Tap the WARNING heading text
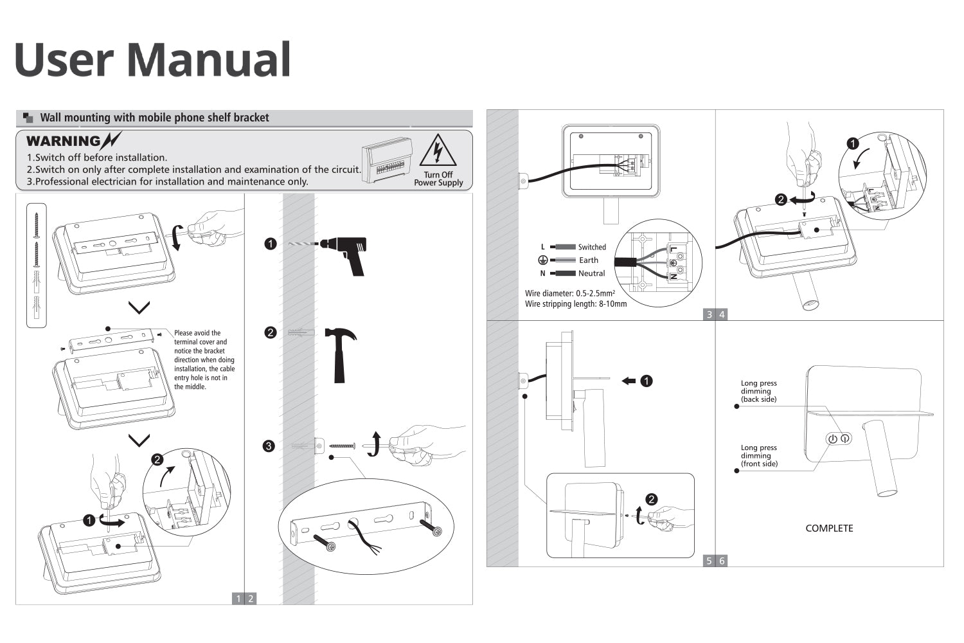coord(64,141)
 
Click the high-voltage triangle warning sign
coord(438,152)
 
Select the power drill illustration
coord(344,253)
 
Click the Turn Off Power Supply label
coord(438,179)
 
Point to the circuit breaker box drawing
coord(387,161)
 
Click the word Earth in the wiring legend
coord(588,260)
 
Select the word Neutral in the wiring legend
coord(591,273)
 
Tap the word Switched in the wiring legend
coord(591,247)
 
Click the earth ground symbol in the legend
coord(542,260)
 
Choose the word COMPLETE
coord(829,529)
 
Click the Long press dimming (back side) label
coord(758,391)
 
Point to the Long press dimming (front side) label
coord(758,455)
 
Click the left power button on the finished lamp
coord(832,439)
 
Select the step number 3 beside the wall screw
coord(269,446)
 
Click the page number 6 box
coord(722,561)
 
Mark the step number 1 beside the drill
coord(271,244)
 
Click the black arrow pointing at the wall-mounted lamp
coord(629,381)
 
